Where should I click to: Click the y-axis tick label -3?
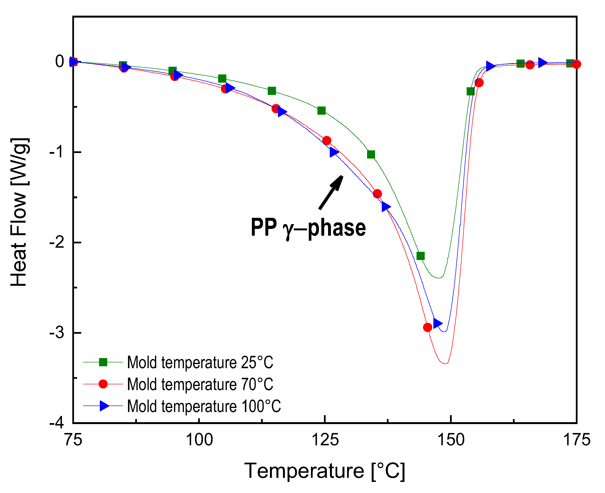click(57, 332)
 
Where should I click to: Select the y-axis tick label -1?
click(57, 152)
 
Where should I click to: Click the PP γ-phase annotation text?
click(308, 227)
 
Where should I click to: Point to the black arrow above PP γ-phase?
click(331, 192)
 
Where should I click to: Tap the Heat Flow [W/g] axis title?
click(19, 212)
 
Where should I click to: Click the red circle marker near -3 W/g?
click(427, 327)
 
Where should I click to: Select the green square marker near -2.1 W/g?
click(420, 256)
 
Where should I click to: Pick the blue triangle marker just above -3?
click(437, 323)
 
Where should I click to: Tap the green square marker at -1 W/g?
click(371, 154)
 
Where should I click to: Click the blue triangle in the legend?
click(104, 406)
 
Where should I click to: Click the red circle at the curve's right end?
click(576, 64)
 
